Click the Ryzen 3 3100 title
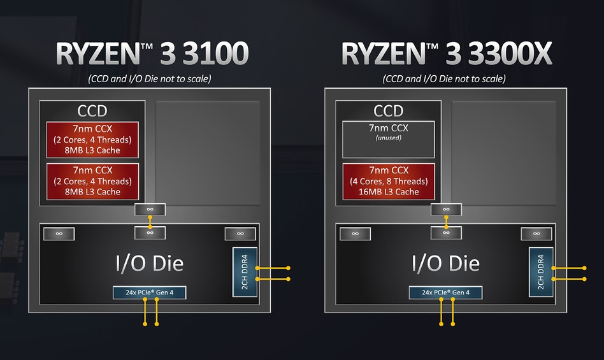tap(151, 54)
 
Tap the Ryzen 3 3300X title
tap(447, 54)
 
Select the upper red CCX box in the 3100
tap(92, 140)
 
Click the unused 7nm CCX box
tap(389, 140)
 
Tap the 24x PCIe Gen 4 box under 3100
tap(150, 293)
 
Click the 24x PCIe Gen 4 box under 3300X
tap(445, 293)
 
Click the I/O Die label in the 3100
tap(149, 263)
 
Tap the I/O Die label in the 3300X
tap(445, 263)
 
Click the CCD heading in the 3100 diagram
tap(92, 112)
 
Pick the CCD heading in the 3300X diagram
tap(389, 112)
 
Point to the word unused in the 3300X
tap(388, 137)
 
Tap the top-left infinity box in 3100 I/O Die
tap(59, 234)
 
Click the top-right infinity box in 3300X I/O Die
tap(536, 234)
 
